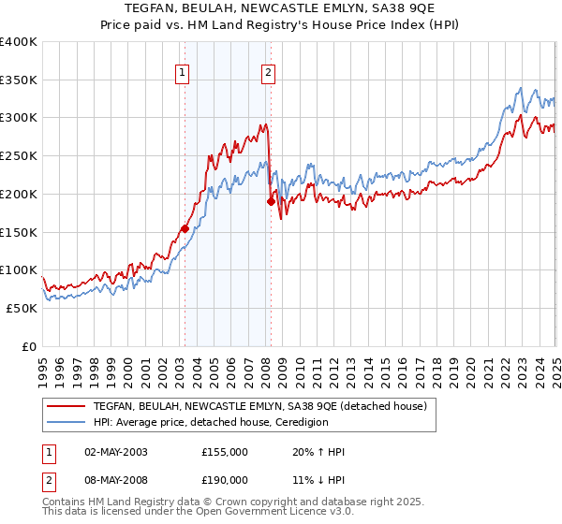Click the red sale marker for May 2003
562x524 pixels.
[185, 228]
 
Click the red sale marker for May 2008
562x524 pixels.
[271, 201]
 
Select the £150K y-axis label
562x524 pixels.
[19, 232]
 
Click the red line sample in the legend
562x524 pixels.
[67, 406]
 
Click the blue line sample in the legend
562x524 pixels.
[67, 422]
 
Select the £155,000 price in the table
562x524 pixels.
[225, 452]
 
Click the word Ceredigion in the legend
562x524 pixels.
[299, 422]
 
